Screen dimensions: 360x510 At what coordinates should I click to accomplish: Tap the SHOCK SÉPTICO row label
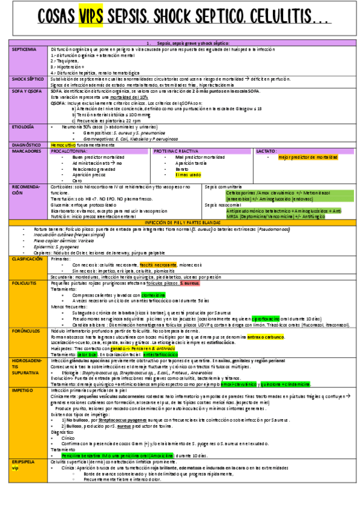point(28,79)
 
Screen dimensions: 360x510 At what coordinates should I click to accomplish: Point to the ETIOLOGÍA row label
point(23,127)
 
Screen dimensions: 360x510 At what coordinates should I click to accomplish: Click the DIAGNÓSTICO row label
point(26,145)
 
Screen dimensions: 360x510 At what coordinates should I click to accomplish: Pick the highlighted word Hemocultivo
point(63,145)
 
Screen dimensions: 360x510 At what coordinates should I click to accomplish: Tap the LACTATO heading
point(266,151)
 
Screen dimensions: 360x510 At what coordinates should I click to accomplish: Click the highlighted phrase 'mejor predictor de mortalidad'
point(308,157)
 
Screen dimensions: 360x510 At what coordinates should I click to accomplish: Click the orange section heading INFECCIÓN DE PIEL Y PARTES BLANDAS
point(180,223)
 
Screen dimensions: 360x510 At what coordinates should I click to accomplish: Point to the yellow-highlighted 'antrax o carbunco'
point(264,337)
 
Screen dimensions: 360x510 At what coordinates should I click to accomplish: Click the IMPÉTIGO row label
point(23,390)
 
